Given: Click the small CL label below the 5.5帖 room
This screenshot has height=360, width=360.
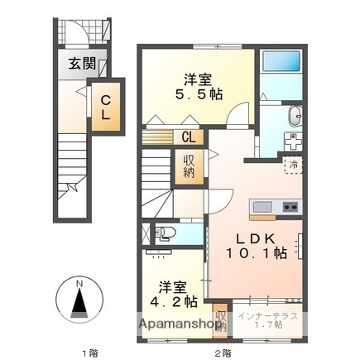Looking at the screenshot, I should pyautogui.click(x=189, y=138).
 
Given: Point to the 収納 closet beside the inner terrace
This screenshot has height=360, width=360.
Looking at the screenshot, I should pyautogui.click(x=220, y=319).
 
